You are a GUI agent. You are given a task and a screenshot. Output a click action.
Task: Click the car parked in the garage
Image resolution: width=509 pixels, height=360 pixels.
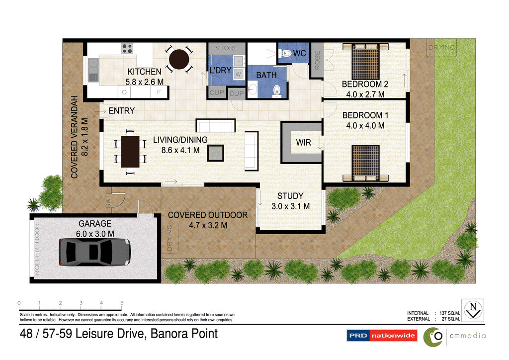pos(94,252)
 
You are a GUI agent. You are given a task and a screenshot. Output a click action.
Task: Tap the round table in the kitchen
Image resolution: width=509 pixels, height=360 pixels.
pos(179,60)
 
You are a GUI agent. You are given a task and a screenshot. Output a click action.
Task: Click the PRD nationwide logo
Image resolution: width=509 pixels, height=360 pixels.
pos(381,336)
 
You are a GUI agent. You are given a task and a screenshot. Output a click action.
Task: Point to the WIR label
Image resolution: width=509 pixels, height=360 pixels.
pos(303,143)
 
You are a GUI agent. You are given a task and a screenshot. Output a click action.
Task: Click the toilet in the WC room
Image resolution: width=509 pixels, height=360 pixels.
pos(287,53)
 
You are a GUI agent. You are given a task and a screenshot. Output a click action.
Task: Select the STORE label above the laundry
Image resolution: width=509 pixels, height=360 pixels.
pos(227,48)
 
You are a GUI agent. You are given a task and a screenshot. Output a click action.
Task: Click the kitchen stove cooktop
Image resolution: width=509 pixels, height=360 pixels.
pos(127,48)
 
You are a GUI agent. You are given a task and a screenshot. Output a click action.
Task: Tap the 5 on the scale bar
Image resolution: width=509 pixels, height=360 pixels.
pos(122,302)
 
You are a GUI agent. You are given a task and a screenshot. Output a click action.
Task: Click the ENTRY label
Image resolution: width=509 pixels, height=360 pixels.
pos(121,111)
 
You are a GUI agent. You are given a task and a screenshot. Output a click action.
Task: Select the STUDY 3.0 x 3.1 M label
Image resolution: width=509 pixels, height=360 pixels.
pos(290,201)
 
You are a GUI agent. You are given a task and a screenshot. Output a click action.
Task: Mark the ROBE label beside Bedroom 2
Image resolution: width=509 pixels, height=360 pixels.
pos(317,61)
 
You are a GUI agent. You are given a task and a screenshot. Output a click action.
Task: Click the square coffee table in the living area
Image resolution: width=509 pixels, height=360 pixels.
pos(215,153)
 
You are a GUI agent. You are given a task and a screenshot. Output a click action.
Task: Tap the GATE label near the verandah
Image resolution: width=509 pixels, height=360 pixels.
pos(108,199)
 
